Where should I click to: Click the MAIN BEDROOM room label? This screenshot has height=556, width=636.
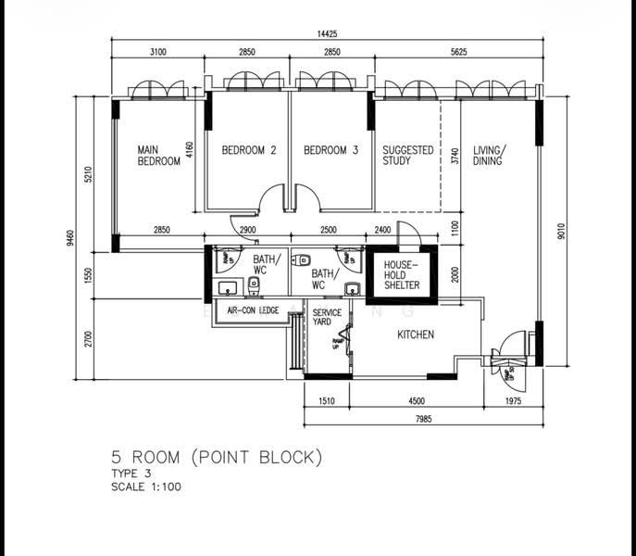tap(158, 156)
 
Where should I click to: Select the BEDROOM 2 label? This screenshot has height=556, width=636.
tap(249, 150)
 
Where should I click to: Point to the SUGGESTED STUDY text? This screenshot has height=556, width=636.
tap(407, 156)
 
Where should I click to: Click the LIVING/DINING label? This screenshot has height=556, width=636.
tap(490, 156)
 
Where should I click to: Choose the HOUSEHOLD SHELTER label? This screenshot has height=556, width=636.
tap(401, 274)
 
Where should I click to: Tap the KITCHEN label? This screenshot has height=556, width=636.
tap(416, 335)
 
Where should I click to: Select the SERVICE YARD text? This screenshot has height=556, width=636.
tap(327, 319)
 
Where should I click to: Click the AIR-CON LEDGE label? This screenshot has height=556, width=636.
tap(250, 310)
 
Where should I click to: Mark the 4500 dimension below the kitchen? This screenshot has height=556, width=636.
tap(416, 401)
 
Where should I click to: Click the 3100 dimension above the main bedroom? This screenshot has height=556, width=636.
tap(156, 54)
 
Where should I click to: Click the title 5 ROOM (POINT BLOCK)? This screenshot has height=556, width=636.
tap(217, 457)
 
